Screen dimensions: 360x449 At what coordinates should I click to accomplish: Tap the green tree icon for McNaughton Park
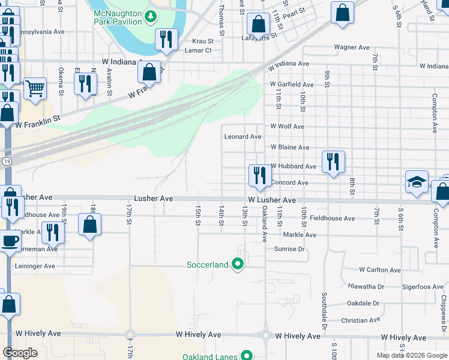[152, 16]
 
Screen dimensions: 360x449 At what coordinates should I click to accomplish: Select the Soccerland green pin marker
[238, 263]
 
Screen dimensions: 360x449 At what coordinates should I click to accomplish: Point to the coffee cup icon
[9, 241]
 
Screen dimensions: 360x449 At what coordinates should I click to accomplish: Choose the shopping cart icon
[35, 88]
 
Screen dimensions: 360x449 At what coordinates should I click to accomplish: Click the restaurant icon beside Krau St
[165, 40]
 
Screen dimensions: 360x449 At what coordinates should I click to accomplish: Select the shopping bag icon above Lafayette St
[259, 25]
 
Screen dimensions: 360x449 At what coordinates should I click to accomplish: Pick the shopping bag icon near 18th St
[89, 225]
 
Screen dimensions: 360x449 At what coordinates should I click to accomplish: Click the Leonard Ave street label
[243, 137]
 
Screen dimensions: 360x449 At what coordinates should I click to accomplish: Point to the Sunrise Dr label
[290, 248]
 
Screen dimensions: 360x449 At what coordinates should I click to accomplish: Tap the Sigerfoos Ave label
[423, 287]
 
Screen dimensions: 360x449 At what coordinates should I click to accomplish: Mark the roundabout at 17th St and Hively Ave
[130, 334]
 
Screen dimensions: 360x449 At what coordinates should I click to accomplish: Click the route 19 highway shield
[5, 161]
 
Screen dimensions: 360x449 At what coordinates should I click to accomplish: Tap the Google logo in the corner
[20, 352]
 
